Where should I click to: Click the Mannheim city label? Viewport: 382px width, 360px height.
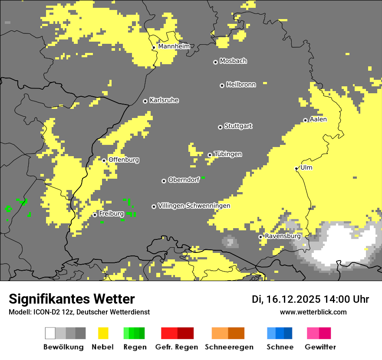pyautogui.click(x=174, y=46)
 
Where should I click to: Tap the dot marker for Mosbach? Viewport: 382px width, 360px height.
pyautogui.click(x=215, y=62)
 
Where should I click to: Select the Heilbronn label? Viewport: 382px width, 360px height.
pyautogui.click(x=241, y=85)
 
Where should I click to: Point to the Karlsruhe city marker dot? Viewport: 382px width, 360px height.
pyautogui.click(x=145, y=101)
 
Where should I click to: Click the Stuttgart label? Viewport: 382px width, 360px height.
pyautogui.click(x=238, y=126)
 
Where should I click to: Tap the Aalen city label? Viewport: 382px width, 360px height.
pyautogui.click(x=318, y=119)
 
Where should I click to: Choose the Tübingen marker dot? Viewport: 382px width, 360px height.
pyautogui.click(x=210, y=155)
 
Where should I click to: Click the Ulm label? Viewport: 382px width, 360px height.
pyautogui.click(x=306, y=167)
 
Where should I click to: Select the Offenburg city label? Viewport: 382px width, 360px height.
pyautogui.click(x=124, y=160)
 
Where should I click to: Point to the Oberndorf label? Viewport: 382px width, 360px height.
pyautogui.click(x=184, y=180)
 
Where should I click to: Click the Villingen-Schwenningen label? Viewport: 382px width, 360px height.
pyautogui.click(x=194, y=206)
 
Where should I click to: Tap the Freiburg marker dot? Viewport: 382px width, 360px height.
pyautogui.click(x=95, y=215)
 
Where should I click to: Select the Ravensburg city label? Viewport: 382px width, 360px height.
pyautogui.click(x=283, y=236)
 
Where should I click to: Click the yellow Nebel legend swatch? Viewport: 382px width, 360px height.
pyautogui.click(x=103, y=333)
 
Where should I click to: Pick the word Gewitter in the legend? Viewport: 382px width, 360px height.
pyautogui.click(x=320, y=347)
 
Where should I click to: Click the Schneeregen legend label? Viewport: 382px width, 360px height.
pyautogui.click(x=229, y=347)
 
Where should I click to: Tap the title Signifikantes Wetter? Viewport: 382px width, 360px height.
pyautogui.click(x=72, y=299)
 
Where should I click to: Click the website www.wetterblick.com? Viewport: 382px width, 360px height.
pyautogui.click(x=313, y=312)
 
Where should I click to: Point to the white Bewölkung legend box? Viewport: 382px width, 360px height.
pyautogui.click(x=50, y=333)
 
